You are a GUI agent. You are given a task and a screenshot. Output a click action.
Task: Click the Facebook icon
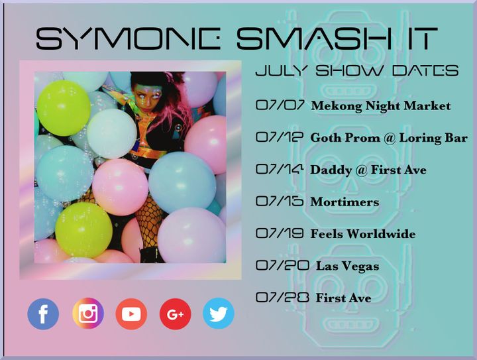[x=43, y=314]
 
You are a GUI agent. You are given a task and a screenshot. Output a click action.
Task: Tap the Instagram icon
[x=88, y=314]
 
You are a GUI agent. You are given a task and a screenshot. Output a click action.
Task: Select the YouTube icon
[x=131, y=314]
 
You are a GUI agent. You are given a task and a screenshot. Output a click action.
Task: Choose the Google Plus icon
[x=175, y=314]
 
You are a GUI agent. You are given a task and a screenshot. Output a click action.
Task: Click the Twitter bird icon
[x=219, y=314]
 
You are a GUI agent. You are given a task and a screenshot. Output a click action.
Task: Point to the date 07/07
[x=280, y=105]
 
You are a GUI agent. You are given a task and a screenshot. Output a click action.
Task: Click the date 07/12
[x=280, y=137]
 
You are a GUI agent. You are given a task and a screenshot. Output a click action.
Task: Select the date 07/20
[x=283, y=265]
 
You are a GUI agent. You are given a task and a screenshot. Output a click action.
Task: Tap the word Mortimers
[x=344, y=202]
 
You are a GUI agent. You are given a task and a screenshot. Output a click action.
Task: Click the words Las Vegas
[x=348, y=267]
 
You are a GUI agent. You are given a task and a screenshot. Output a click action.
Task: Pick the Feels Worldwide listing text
[x=363, y=234]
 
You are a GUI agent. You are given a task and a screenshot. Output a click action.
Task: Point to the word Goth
[x=326, y=137]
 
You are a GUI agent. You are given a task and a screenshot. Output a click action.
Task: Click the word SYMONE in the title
[x=128, y=38]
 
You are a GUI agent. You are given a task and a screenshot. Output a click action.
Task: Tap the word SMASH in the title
[x=314, y=38]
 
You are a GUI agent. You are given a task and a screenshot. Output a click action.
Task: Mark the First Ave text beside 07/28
[x=343, y=298]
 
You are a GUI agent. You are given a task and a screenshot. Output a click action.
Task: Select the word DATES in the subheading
[x=425, y=70]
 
